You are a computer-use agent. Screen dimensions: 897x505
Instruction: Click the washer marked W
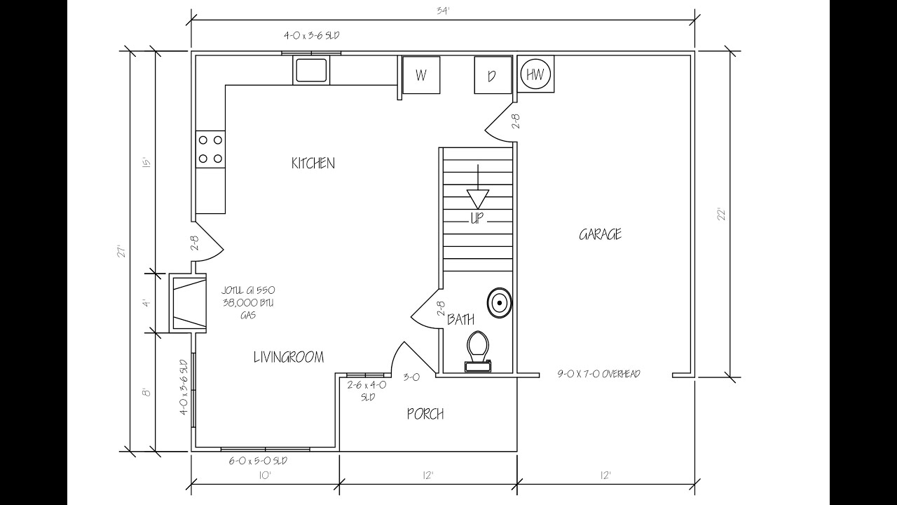pyautogui.click(x=421, y=75)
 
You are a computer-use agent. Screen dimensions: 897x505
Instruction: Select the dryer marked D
pyautogui.click(x=493, y=75)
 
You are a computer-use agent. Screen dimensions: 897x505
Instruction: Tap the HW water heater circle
pyautogui.click(x=535, y=74)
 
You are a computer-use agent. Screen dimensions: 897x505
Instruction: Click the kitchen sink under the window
pyautogui.click(x=312, y=70)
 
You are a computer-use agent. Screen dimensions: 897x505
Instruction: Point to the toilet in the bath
pyautogui.click(x=478, y=351)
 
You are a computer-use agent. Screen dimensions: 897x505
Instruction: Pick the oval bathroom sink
pyautogui.click(x=500, y=302)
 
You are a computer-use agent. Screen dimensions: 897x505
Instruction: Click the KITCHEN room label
pyautogui.click(x=313, y=163)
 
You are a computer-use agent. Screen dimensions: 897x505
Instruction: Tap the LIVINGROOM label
pyautogui.click(x=289, y=357)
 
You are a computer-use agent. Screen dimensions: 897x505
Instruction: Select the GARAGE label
pyautogui.click(x=601, y=234)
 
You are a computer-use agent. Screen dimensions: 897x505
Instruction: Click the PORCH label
pyautogui.click(x=425, y=414)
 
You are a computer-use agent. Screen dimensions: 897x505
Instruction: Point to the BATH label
pyautogui.click(x=461, y=319)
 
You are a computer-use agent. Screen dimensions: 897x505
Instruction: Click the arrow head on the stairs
pyautogui.click(x=478, y=198)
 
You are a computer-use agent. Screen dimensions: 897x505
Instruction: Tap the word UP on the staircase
pyautogui.click(x=477, y=218)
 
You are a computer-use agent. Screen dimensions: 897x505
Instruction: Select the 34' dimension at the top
pyautogui.click(x=444, y=11)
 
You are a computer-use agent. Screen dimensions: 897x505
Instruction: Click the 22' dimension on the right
pyautogui.click(x=722, y=214)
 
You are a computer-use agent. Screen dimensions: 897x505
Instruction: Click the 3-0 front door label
pyautogui.click(x=411, y=377)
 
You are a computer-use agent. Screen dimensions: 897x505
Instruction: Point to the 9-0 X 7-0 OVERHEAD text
pyautogui.click(x=598, y=374)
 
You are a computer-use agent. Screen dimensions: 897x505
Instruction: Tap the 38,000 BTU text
pyautogui.click(x=249, y=303)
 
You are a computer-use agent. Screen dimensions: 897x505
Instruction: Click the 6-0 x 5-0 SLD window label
pyautogui.click(x=258, y=461)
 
